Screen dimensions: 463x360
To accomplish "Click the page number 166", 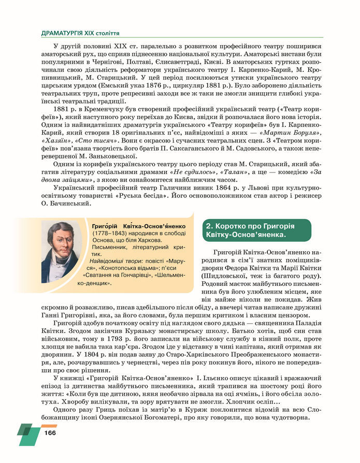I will (x=50, y=433).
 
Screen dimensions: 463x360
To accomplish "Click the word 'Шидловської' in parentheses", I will (x=226, y=275).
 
